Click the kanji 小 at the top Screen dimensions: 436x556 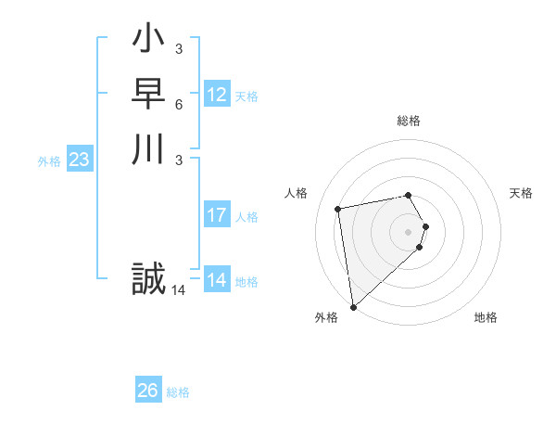[148, 41]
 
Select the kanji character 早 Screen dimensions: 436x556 [148, 96]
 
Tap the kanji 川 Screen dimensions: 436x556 [148, 150]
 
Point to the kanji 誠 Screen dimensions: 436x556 [148, 279]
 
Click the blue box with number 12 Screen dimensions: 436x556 [217, 95]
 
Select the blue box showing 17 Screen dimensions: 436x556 [217, 215]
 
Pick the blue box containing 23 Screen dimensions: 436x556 [80, 160]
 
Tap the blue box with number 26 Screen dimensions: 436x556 [148, 391]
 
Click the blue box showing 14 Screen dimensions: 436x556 [217, 280]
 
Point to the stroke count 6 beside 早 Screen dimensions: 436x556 [178, 106]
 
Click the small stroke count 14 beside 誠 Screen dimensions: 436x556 [178, 290]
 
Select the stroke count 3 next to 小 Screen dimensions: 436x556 [178, 48]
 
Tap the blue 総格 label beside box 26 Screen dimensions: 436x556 [178, 392]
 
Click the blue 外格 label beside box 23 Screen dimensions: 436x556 [49, 161]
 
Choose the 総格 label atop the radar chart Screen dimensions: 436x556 [409, 121]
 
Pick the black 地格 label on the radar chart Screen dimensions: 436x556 [486, 317]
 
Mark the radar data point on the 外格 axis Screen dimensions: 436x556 [353, 306]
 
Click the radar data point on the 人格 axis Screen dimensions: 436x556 [338, 209]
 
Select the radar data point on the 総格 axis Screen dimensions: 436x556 [409, 195]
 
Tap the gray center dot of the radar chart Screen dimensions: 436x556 [409, 231]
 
